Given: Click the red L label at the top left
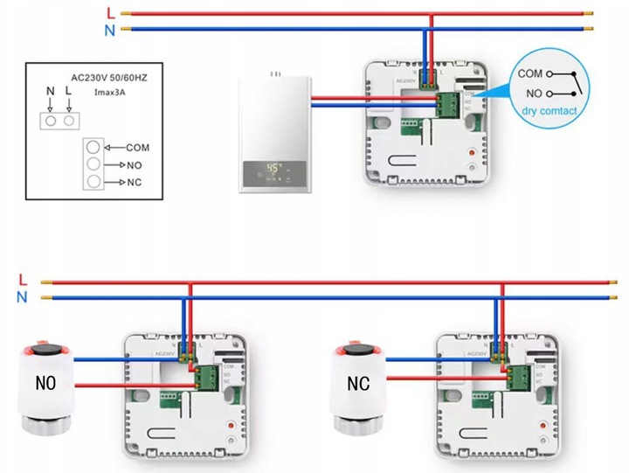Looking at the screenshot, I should (x=108, y=13).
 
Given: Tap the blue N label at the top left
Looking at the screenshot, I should (x=108, y=29).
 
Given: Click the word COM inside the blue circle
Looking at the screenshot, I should (x=530, y=74).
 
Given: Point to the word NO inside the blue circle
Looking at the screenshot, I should (x=532, y=93).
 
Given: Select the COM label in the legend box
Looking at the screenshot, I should (x=138, y=148).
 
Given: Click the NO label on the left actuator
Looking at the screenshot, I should (x=45, y=383).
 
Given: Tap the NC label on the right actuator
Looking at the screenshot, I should (x=359, y=383).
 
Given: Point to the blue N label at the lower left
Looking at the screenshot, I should (x=22, y=297).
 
